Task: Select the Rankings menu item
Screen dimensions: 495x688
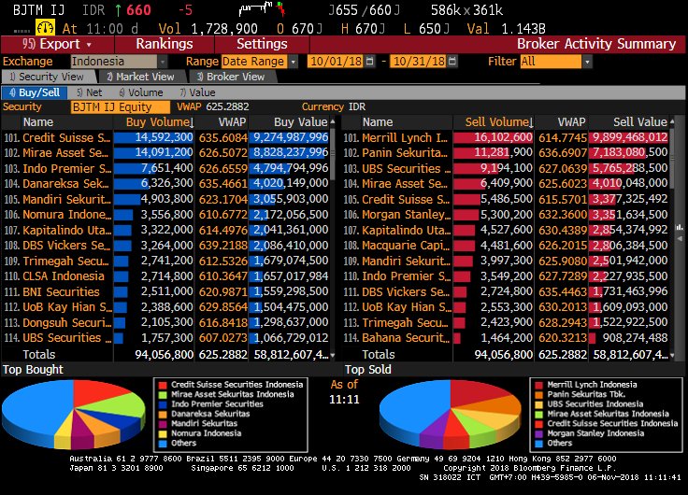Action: click(x=164, y=44)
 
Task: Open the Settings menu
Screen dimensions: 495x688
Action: click(x=262, y=44)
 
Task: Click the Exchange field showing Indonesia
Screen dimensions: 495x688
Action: click(x=116, y=61)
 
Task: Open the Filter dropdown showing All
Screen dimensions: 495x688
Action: click(x=555, y=61)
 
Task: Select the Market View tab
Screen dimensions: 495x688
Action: click(x=141, y=77)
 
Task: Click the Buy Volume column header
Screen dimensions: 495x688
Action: click(x=160, y=122)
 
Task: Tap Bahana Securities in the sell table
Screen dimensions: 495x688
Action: click(x=405, y=337)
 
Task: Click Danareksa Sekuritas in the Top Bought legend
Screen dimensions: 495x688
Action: click(x=204, y=414)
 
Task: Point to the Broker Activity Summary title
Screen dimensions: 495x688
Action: click(x=595, y=44)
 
